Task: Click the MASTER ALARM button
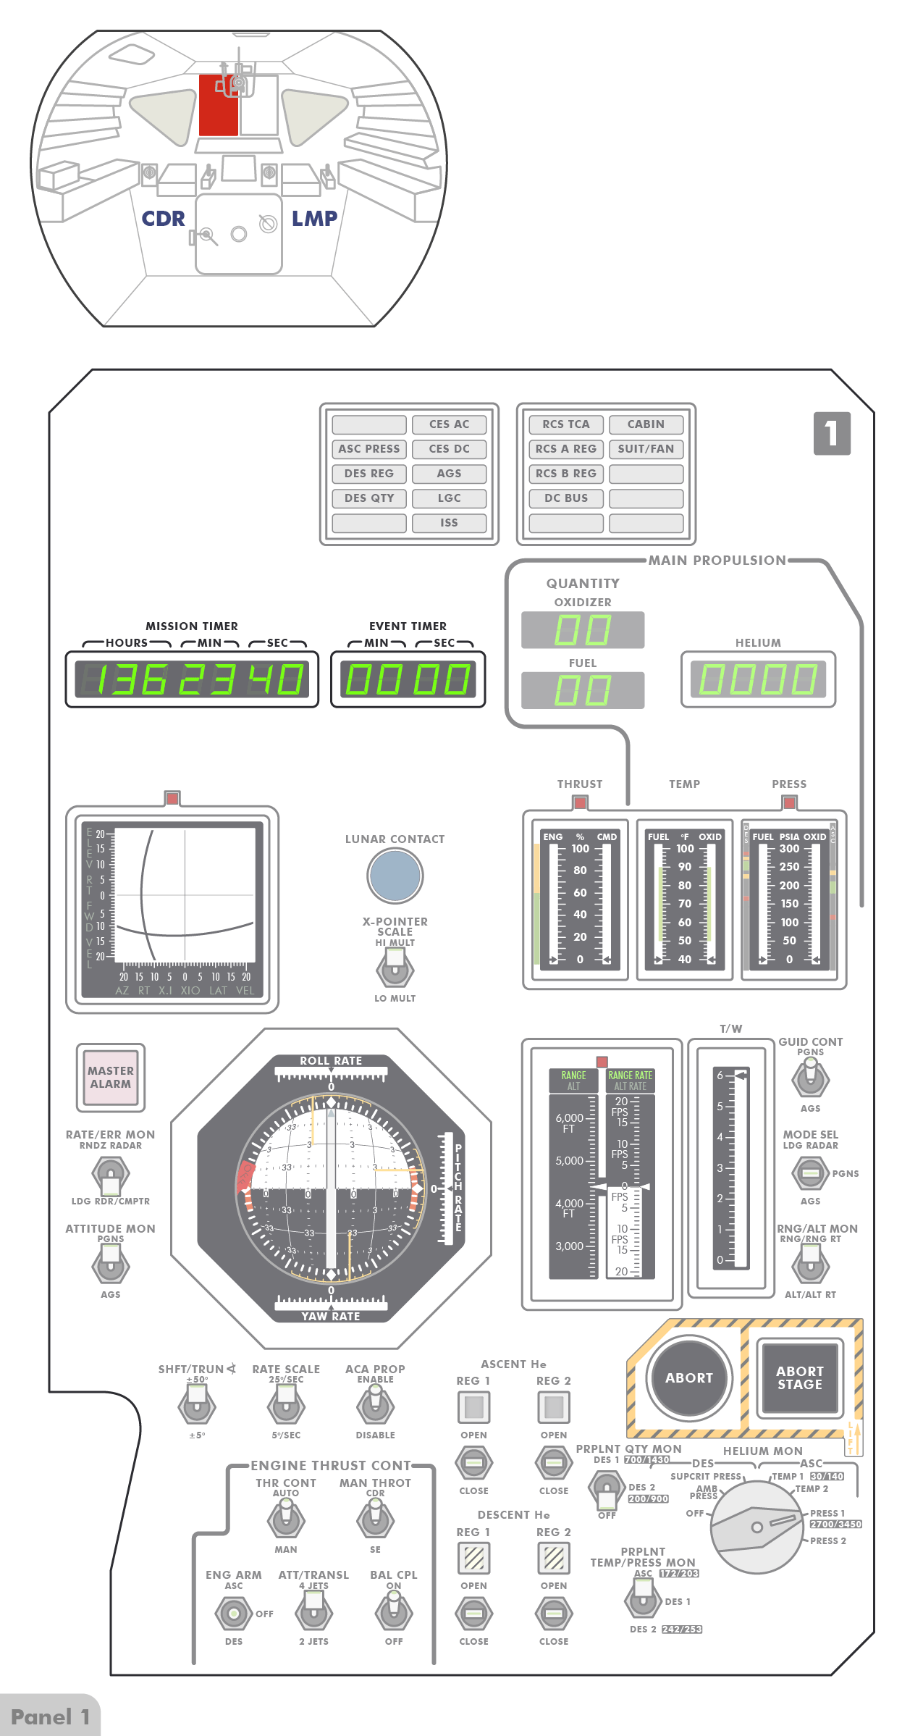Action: point(111,1077)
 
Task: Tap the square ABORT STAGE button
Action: point(799,1378)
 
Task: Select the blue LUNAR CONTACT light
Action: point(395,875)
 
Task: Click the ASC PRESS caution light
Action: point(369,449)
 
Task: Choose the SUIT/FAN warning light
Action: point(646,449)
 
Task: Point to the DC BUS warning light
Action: point(566,498)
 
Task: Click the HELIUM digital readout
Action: point(758,679)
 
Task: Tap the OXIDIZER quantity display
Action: point(583,629)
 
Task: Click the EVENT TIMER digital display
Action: point(408,679)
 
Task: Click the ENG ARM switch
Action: point(233,1613)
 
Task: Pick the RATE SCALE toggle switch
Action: point(286,1406)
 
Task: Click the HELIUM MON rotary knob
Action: point(756,1527)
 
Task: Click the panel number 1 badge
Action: point(832,433)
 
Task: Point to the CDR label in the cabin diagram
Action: point(163,219)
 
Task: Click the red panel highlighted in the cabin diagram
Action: point(218,106)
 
